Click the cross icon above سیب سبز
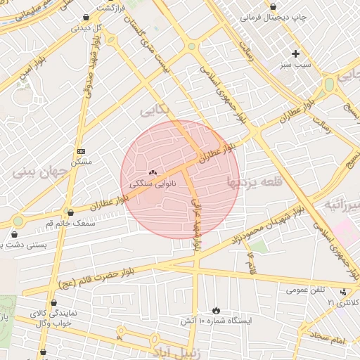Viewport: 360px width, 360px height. (x=295, y=53)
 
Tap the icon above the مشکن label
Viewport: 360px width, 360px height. (x=81, y=151)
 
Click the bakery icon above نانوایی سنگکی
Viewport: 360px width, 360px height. (x=153, y=172)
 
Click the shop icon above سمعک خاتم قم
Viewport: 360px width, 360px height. (x=70, y=212)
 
